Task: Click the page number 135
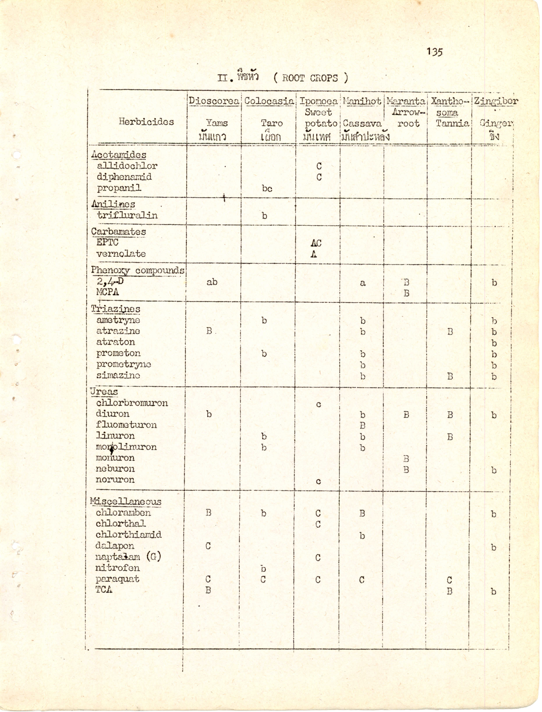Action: point(435,52)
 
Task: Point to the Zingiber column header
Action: point(496,101)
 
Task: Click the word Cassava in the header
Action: point(362,123)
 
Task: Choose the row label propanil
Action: point(119,188)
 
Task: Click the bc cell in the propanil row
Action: point(267,189)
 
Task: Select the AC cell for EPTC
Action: point(316,243)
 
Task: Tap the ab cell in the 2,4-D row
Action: point(212,282)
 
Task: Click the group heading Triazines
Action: point(115,309)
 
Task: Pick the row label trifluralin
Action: point(127,215)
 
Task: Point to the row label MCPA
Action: point(107,292)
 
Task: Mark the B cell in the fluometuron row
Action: point(363,426)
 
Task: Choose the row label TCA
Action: point(104,590)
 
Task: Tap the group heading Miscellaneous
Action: point(126,502)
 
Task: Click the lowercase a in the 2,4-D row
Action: point(363,283)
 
